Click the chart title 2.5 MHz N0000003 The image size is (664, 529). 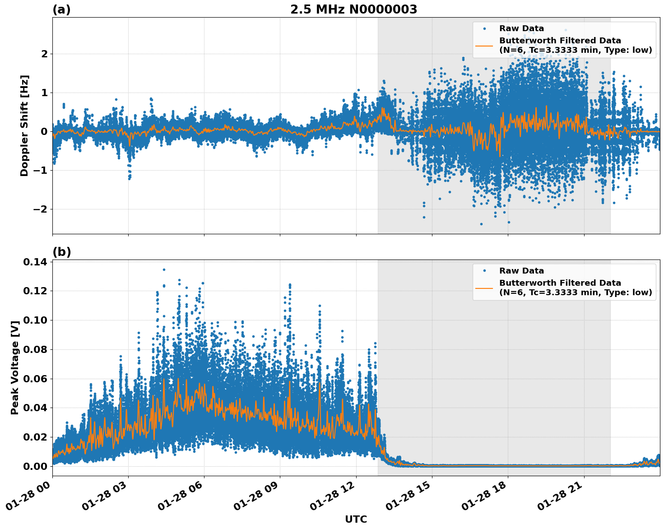pos(353,9)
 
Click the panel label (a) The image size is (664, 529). pos(61,9)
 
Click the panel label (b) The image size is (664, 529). pos(61,252)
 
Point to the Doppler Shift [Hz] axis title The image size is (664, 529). pos(24,125)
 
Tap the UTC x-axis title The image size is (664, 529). pos(356,519)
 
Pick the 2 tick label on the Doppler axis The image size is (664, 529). pos(44,54)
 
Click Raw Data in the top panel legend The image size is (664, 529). pos(521,28)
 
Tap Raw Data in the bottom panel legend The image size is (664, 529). pos(521,271)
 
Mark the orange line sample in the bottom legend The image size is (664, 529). pos(484,288)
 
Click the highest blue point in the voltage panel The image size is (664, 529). pos(164,269)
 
